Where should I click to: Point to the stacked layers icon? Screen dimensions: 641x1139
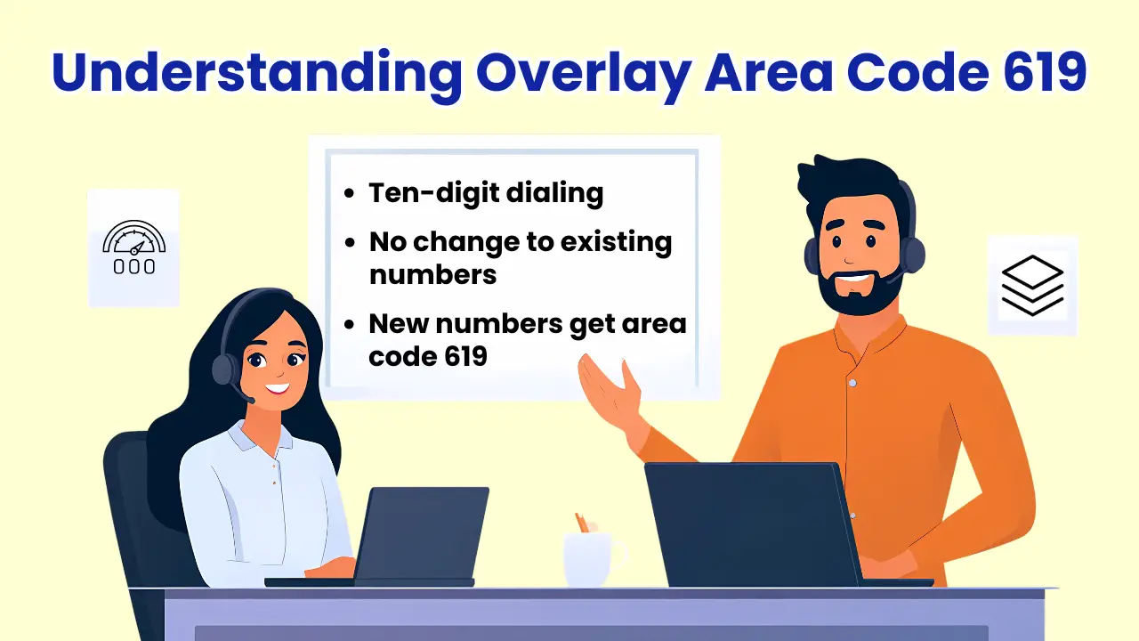tap(1032, 285)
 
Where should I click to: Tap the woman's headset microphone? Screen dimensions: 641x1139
tap(250, 400)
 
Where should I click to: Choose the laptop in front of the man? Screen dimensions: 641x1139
tap(752, 525)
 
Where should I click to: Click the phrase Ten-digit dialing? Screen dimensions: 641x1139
tap(486, 193)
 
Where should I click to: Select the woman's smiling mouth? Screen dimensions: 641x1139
tap(277, 388)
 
